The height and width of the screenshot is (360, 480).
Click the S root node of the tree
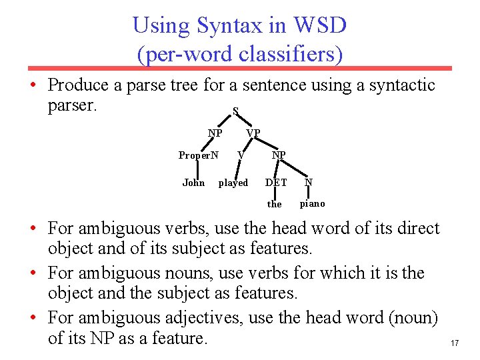[235, 112]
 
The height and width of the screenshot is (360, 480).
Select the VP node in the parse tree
[253, 133]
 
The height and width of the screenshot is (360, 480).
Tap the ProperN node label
[199, 155]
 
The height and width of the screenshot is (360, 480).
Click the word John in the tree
[193, 183]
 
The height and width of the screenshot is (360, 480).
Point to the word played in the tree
[233, 183]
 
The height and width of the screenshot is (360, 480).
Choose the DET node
[276, 183]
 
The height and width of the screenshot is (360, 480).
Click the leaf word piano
[313, 203]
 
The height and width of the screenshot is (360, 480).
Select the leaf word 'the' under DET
[275, 204]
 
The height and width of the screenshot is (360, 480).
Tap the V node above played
[241, 155]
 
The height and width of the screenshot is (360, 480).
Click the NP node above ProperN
[215, 133]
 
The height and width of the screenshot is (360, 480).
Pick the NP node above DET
[279, 155]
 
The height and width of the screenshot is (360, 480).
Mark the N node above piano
[309, 183]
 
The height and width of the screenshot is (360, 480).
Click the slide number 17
[455, 343]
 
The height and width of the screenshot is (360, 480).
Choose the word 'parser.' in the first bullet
[73, 105]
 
